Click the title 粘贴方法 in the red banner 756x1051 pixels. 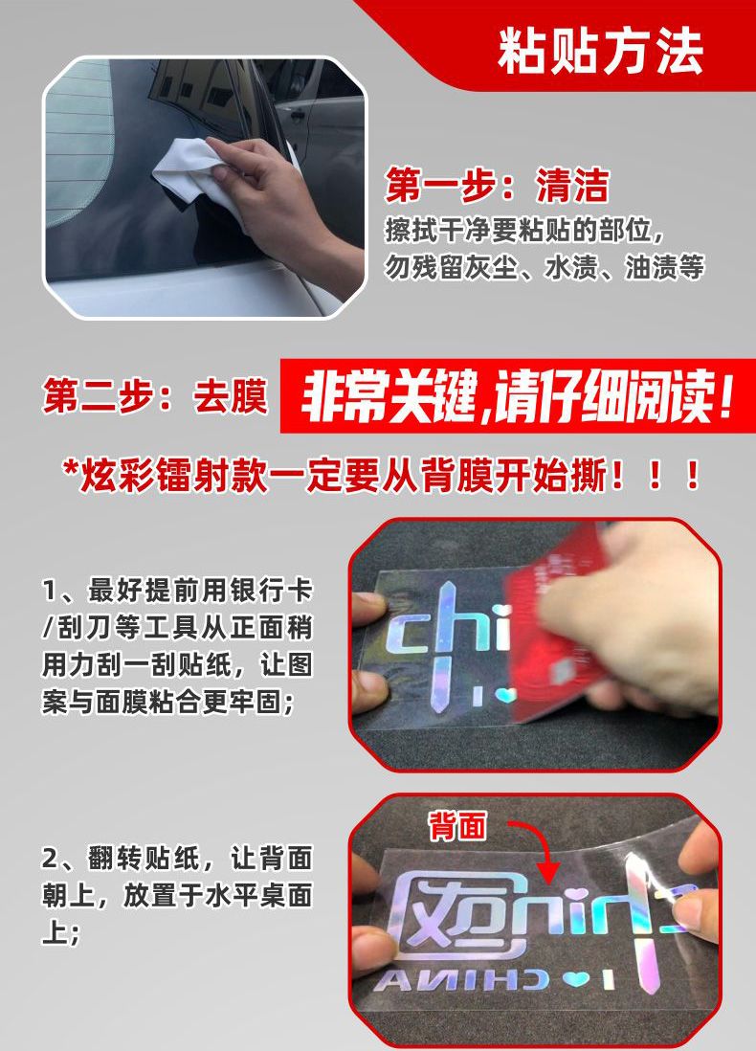coord(600,52)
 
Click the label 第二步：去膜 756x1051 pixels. coord(155,396)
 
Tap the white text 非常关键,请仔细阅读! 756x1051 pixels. coord(517,397)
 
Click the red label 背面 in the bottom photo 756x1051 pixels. coord(457,825)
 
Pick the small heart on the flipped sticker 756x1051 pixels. coord(575,979)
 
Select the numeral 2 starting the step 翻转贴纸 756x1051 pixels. coord(51,859)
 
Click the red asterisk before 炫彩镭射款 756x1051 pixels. coord(70,467)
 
